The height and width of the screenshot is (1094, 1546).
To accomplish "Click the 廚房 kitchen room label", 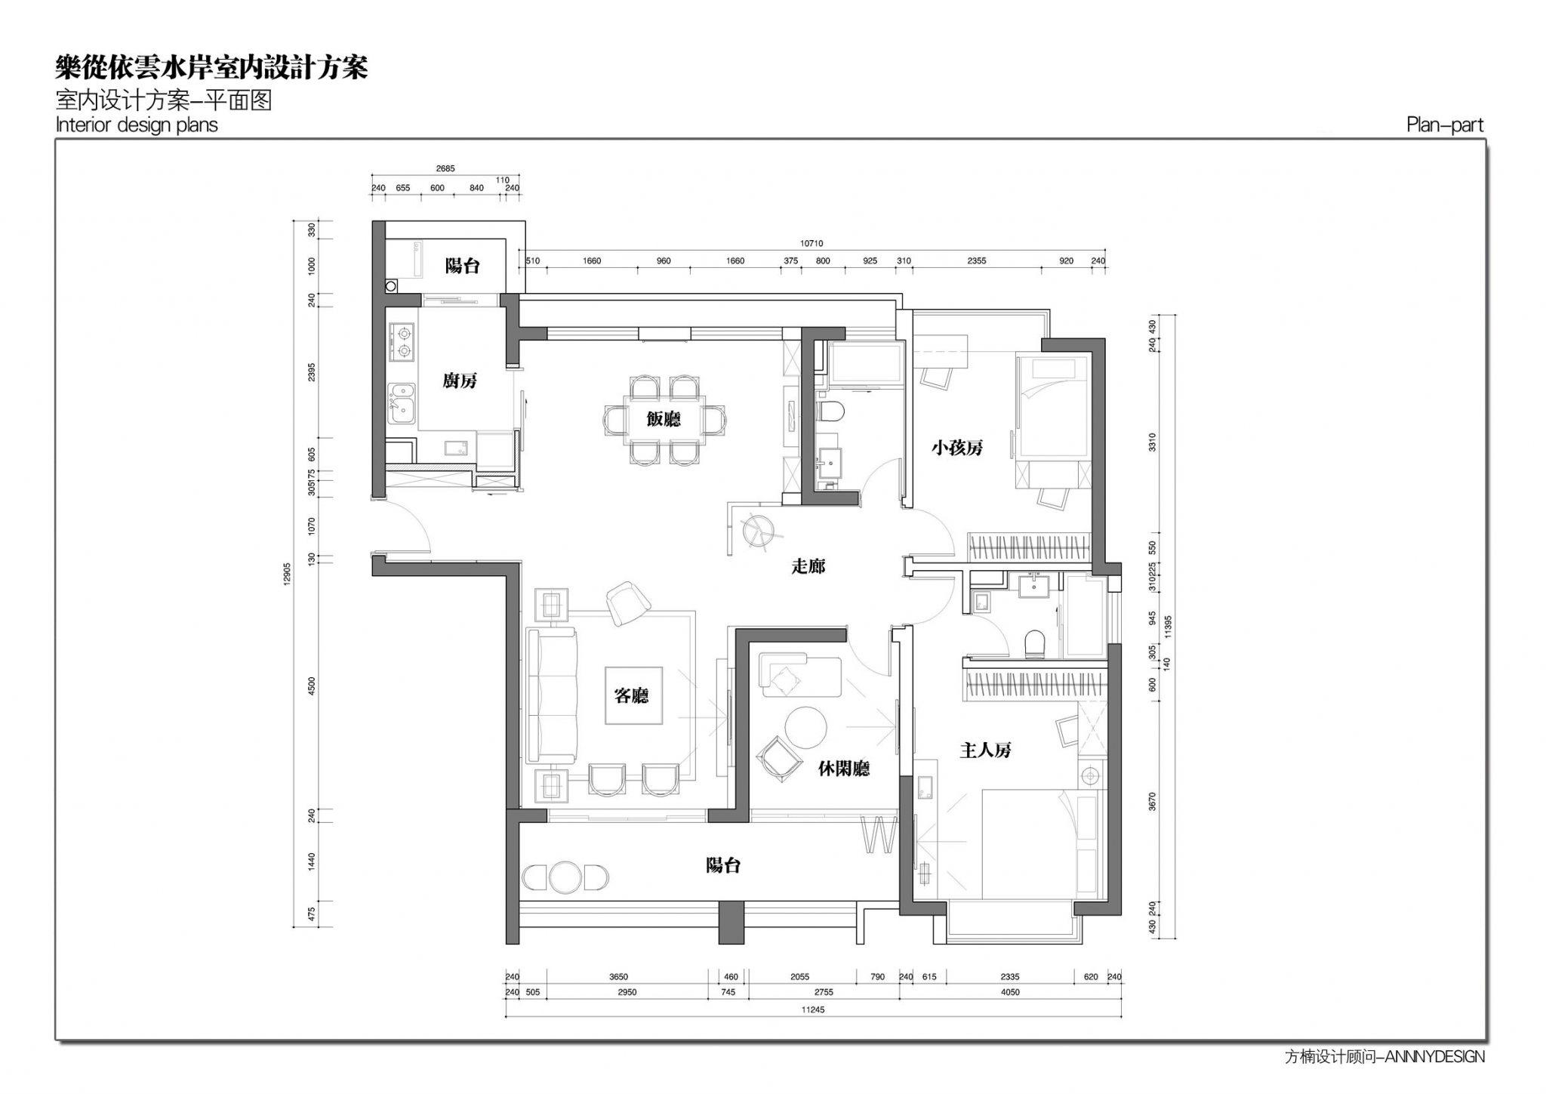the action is tap(460, 381).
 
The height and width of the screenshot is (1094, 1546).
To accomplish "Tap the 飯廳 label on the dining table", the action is tap(664, 419).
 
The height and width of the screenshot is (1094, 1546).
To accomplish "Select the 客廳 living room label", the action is tap(632, 695).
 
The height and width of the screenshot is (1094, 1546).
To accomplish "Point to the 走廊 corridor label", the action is tap(808, 566).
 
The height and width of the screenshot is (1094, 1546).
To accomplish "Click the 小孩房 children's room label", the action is tap(957, 448).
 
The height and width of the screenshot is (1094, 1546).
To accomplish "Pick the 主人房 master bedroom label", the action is tap(985, 750).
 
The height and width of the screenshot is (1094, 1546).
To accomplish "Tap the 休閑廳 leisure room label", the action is tap(844, 769).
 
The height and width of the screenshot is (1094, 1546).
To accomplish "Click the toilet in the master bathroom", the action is tap(1034, 644).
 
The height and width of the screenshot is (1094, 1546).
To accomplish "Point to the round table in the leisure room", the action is tap(805, 727).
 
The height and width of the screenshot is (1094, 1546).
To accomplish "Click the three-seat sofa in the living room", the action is tap(552, 695).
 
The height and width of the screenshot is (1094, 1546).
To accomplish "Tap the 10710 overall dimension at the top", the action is tap(811, 244).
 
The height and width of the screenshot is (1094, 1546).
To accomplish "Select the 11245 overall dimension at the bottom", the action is tap(813, 1009).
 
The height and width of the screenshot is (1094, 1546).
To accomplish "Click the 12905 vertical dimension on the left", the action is tap(287, 574).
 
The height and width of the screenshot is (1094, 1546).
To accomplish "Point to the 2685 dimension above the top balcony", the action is tap(445, 168).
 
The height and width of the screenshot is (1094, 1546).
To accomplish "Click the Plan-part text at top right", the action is tap(1445, 125).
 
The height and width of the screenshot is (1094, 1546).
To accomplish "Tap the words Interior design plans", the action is tap(137, 125).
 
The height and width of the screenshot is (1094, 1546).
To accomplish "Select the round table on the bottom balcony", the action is tap(565, 877).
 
